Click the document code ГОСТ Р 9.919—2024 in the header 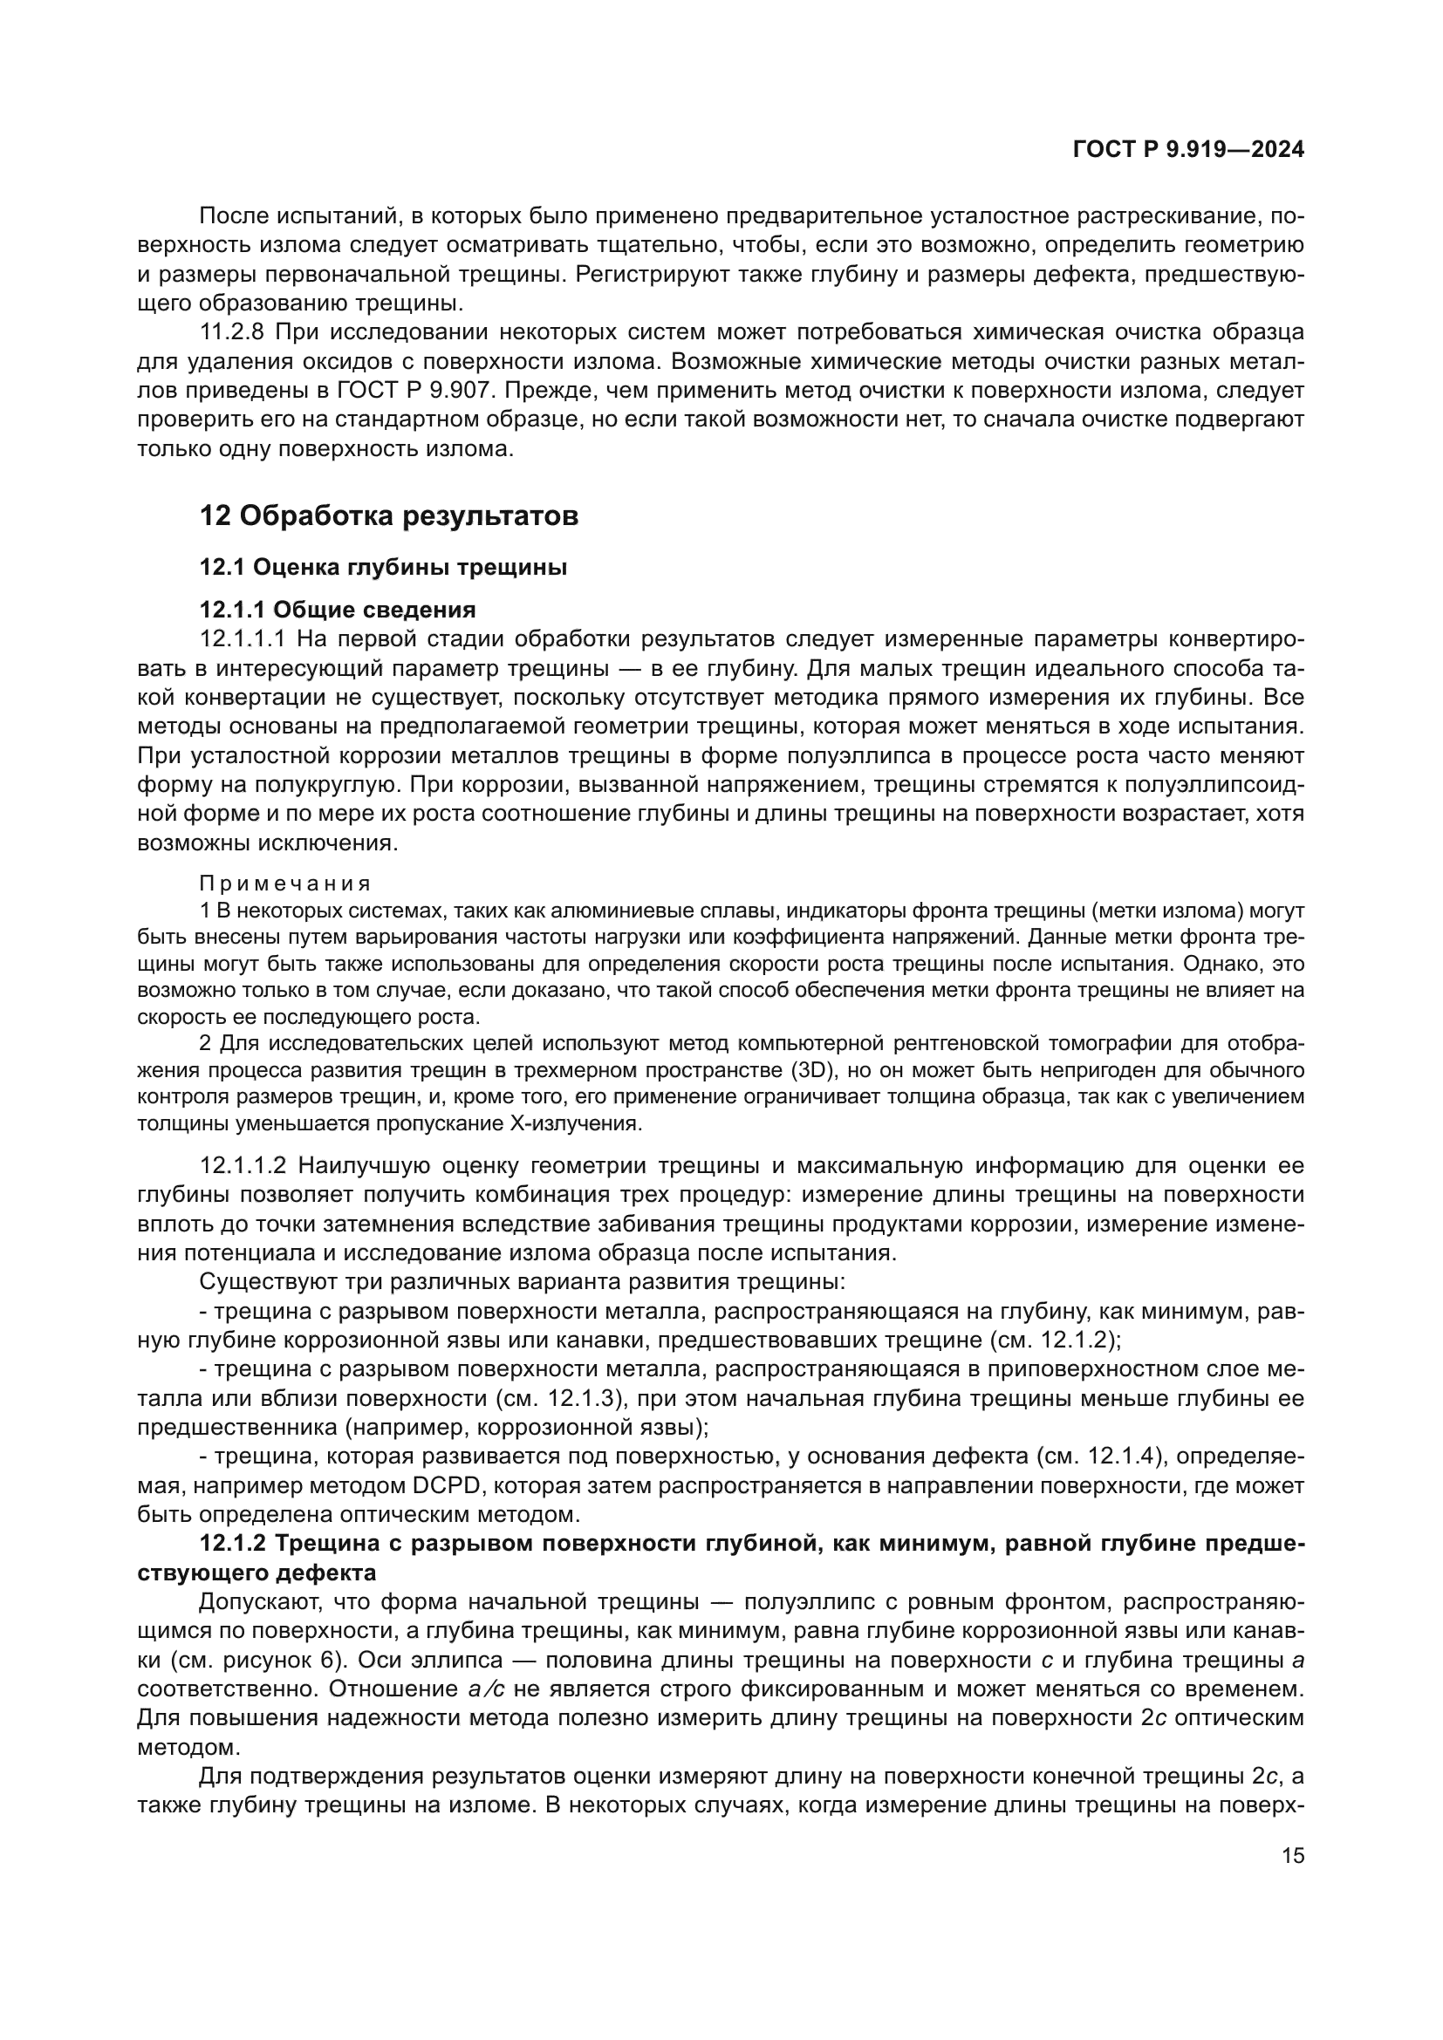coord(1188,150)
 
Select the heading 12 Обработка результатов coord(388,515)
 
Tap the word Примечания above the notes coord(284,884)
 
